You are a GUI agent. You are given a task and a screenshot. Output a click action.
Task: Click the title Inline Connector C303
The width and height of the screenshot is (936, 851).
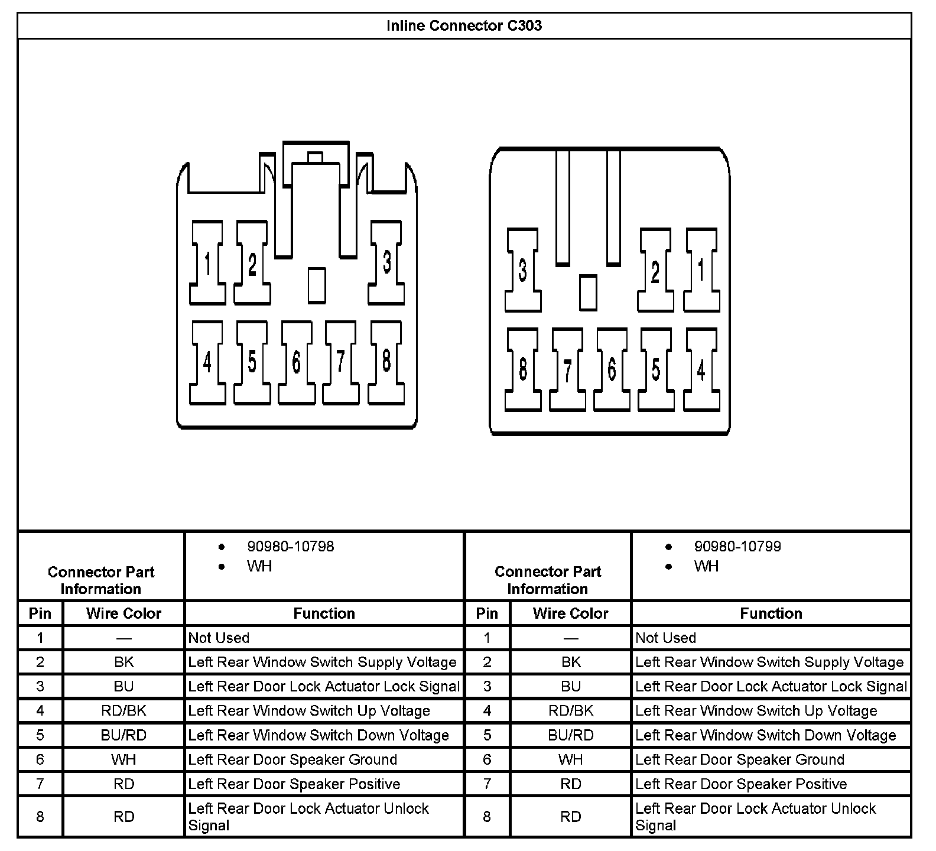pos(464,26)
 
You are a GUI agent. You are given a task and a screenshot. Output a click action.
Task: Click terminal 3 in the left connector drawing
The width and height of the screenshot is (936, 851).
pos(386,262)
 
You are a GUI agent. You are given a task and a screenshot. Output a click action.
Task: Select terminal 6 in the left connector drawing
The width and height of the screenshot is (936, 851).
pos(296,362)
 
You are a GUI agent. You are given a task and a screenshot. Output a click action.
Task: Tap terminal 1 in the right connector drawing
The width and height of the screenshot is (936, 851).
pos(701,270)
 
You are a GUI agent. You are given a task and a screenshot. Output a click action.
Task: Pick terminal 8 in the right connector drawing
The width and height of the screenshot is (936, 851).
pos(522,369)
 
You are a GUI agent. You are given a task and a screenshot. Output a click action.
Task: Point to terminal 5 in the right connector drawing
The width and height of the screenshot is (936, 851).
pos(656,369)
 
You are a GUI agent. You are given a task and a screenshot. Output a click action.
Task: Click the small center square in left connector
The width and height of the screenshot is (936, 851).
pos(317,285)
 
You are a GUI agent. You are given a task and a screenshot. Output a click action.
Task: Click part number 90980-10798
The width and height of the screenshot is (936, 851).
pos(290,547)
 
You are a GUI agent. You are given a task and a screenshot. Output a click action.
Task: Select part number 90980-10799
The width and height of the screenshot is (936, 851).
pos(737,547)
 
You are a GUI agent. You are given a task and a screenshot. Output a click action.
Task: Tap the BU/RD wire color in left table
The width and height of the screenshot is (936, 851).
pos(123,735)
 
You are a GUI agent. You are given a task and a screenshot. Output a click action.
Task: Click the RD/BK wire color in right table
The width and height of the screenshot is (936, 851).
pos(570,711)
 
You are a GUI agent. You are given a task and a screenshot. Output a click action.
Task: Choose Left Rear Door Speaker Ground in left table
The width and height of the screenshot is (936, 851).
pos(292,759)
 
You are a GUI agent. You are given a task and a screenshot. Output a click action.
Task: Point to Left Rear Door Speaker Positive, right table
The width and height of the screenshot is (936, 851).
pos(741,784)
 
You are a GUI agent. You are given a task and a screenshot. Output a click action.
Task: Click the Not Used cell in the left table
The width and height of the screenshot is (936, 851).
pos(219,638)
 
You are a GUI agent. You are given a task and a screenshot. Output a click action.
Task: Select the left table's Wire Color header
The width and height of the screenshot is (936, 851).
pos(123,613)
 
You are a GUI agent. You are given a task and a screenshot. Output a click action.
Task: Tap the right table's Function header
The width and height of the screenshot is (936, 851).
pos(771,613)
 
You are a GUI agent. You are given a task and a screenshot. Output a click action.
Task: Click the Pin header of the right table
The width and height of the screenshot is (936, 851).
pos(487,613)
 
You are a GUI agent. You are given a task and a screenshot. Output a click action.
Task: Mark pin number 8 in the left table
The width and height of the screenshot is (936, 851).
pos(40,817)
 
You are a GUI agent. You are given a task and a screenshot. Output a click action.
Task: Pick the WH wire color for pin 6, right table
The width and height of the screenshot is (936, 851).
pos(570,759)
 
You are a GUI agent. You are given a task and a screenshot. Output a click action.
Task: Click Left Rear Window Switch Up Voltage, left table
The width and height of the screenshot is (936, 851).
pos(309,711)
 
